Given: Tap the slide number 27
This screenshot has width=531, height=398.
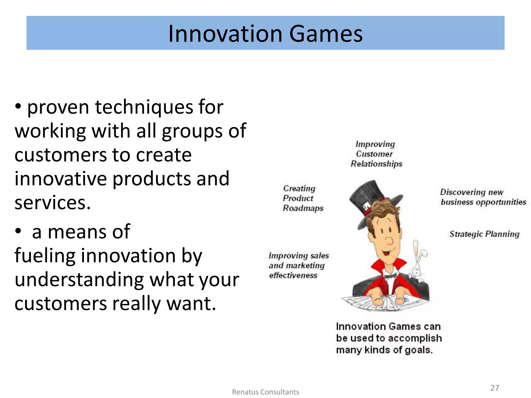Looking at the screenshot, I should click(495, 388).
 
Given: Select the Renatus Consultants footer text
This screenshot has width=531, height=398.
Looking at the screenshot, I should click(265, 392).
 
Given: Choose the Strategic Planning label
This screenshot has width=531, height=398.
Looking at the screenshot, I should click(484, 234).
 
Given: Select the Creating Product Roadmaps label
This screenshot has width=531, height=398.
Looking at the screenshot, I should click(303, 198).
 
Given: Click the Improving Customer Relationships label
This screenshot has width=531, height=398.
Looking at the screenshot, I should click(376, 154).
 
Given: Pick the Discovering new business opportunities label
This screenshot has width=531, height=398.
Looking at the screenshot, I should click(483, 197).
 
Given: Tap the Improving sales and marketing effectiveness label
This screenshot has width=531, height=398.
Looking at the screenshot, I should click(298, 265).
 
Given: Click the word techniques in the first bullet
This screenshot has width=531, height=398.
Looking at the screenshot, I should click(144, 107).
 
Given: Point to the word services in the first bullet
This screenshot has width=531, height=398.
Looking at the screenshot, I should click(52, 203).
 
